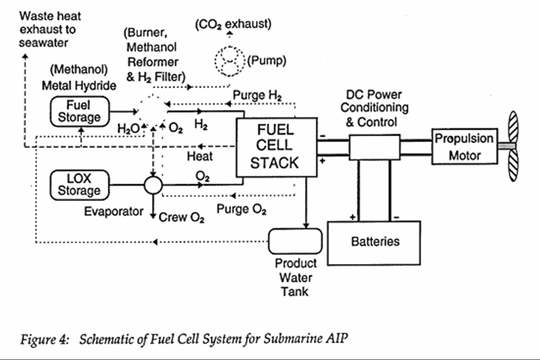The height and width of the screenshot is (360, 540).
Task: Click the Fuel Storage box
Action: click(79, 110)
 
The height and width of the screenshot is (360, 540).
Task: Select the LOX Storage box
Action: click(79, 184)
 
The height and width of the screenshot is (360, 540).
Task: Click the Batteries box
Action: click(374, 242)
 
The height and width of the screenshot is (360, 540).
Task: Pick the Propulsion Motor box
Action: click(463, 146)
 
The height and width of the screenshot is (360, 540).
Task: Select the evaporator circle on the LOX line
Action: click(153, 186)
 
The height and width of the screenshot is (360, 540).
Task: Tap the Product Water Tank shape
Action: click(295, 241)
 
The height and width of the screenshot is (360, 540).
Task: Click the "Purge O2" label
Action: click(240, 209)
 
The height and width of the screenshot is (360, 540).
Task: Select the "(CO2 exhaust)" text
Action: click(233, 25)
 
